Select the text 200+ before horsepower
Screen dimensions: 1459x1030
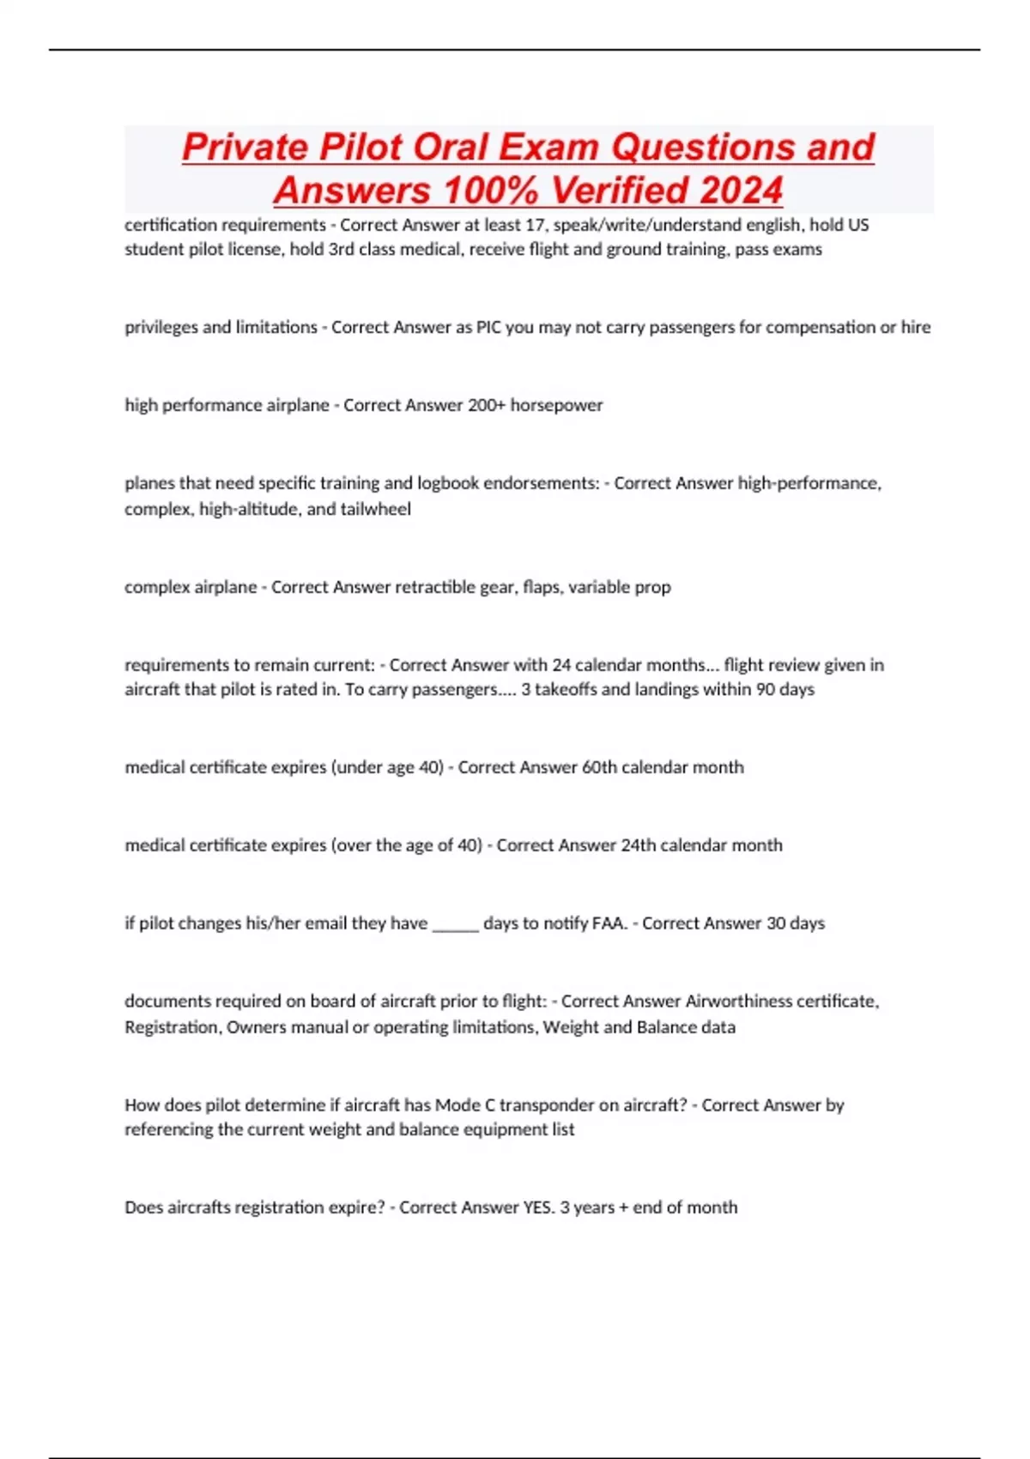coord(487,405)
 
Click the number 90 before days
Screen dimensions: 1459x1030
coord(766,689)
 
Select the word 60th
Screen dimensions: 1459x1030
coord(599,767)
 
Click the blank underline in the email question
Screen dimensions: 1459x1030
coord(455,924)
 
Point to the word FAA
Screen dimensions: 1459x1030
coord(609,923)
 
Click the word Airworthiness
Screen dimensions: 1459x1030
coord(738,1002)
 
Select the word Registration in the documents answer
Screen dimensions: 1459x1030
coord(171,1027)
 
